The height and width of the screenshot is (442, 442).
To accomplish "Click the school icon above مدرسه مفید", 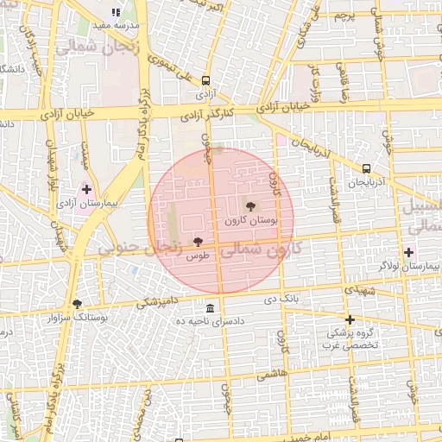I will pos(116,13).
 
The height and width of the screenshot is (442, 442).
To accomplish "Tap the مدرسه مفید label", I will pos(116,26).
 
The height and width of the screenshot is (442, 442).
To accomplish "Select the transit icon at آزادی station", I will pos(205,80).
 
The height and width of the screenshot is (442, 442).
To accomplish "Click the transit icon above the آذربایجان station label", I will pos(367,169).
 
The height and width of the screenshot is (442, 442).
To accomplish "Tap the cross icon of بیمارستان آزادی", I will pos(86,188).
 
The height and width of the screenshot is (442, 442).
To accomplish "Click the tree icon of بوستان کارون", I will pos(250,206).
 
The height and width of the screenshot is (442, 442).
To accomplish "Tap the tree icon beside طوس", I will pos(199,242).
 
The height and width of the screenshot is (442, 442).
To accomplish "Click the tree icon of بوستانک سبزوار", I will pos(78,304).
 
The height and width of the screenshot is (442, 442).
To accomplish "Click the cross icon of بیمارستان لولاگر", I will pos(409,252).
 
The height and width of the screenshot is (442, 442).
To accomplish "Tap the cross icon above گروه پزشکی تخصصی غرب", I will pos(350,319).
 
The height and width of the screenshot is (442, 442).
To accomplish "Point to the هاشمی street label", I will pos(272,372).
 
